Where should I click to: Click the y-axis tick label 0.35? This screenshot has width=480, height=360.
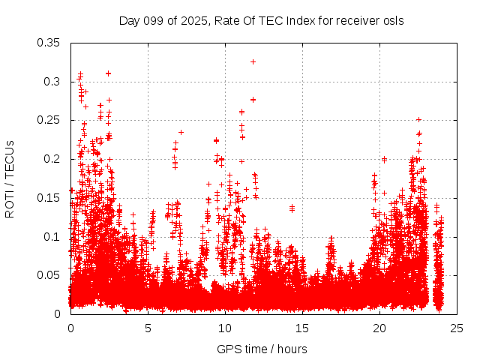[x=49, y=42]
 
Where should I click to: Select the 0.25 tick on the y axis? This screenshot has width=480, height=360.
[x=49, y=120]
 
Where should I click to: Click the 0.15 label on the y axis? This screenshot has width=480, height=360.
[x=49, y=198]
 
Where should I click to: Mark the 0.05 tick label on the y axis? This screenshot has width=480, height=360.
[x=49, y=275]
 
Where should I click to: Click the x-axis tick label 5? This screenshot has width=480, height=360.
[x=148, y=328]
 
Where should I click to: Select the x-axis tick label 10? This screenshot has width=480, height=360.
[x=225, y=328]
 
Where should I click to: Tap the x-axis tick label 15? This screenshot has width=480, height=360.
[x=302, y=328]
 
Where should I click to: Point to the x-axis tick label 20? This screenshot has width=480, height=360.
[x=379, y=328]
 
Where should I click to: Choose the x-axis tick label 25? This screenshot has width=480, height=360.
[x=457, y=328]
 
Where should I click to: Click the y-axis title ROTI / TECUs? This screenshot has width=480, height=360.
[x=10, y=178]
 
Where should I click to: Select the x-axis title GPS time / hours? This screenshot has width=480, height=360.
[x=262, y=349]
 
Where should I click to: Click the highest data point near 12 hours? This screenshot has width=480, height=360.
[x=253, y=61]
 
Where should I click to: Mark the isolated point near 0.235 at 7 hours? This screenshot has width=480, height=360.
[x=181, y=132]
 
